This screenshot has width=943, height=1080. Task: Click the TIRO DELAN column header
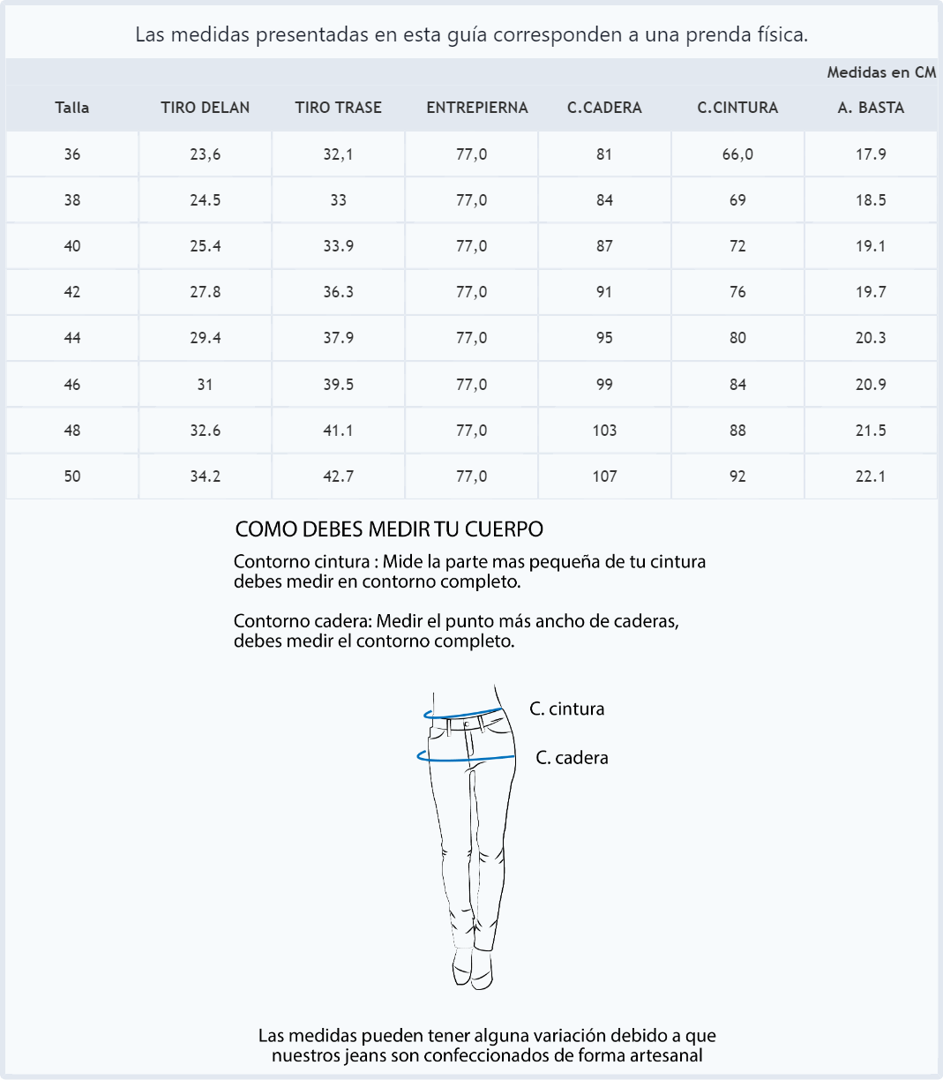[205, 108]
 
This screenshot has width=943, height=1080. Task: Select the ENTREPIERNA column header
[476, 108]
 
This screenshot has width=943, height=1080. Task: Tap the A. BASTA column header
[871, 108]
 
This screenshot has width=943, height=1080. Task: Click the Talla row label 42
[72, 292]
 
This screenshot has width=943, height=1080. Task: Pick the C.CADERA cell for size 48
[604, 431]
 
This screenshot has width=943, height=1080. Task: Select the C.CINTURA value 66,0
[737, 154]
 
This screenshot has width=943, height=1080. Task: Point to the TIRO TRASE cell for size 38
[339, 200]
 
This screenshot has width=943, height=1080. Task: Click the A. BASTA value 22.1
[871, 476]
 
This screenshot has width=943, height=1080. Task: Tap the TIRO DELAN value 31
[205, 385]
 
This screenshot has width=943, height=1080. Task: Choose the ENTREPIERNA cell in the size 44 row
[471, 338]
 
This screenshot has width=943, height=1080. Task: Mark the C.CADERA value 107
[604, 476]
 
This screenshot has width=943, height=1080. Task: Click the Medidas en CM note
[880, 72]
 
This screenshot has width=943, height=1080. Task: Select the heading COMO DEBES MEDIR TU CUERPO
[389, 529]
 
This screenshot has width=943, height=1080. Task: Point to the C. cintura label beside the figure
[566, 709]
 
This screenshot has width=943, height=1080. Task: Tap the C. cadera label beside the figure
[572, 758]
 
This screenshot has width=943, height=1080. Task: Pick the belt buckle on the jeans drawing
[468, 723]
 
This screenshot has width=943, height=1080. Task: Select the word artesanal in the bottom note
[664, 1055]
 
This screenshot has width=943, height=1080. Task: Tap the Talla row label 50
[72, 476]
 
